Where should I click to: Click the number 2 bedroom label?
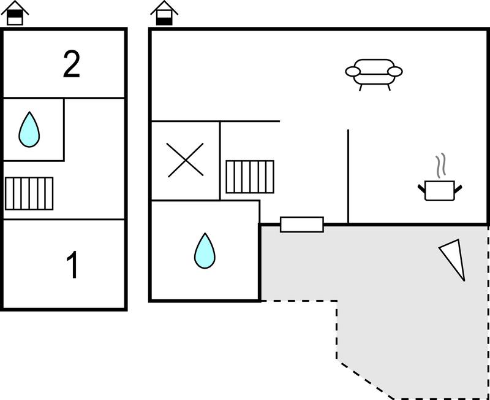click(x=72, y=64)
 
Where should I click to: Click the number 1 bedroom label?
click(x=73, y=266)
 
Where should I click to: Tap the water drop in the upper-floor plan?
click(x=29, y=129)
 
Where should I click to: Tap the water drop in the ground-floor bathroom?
click(x=205, y=251)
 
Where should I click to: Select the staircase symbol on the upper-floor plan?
click(x=29, y=193)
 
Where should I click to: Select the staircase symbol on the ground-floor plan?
click(x=249, y=177)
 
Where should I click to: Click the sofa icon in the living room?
click(x=374, y=73)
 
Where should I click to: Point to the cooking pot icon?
click(x=439, y=190)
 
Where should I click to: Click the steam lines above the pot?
click(x=440, y=166)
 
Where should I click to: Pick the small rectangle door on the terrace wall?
click(x=301, y=225)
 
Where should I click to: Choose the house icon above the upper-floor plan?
click(x=15, y=13)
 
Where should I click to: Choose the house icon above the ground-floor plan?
click(x=164, y=13)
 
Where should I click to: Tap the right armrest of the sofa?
click(x=396, y=72)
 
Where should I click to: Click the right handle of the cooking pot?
click(x=458, y=187)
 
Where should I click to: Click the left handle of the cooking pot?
click(x=421, y=187)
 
